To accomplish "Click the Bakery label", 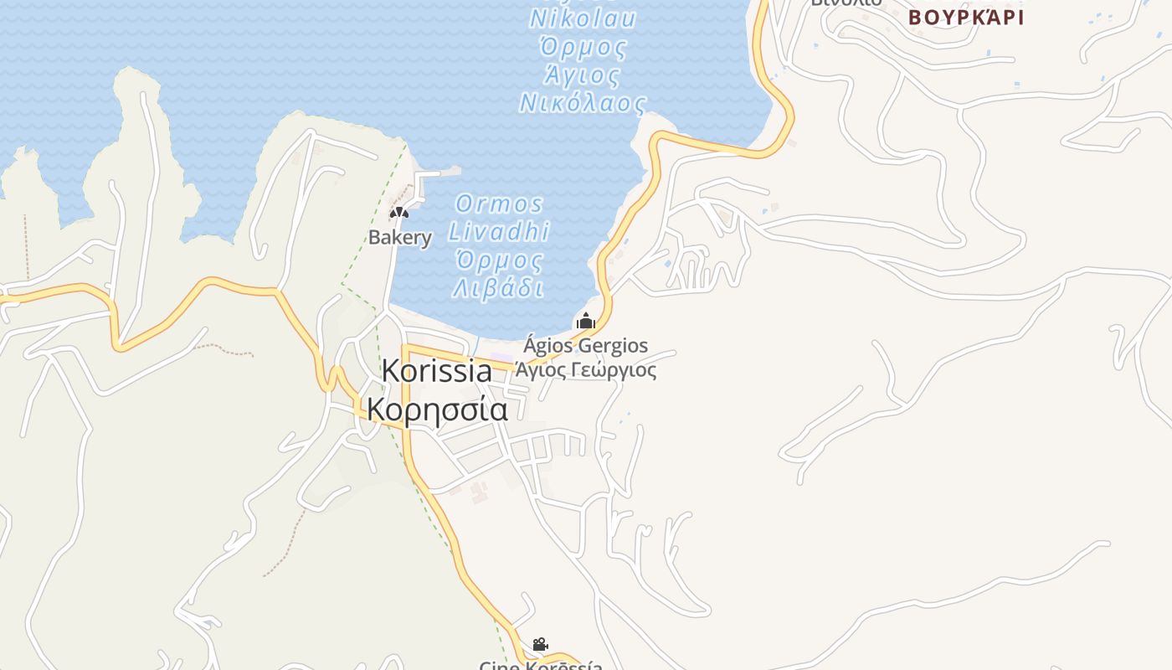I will pyautogui.click(x=400, y=237).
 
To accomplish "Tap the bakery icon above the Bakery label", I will pyautogui.click(x=399, y=213).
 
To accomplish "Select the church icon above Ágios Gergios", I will pyautogui.click(x=586, y=321).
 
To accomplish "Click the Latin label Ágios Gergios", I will pyautogui.click(x=586, y=346).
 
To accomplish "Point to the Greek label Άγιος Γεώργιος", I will pyautogui.click(x=586, y=369).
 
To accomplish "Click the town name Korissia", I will pyautogui.click(x=437, y=371).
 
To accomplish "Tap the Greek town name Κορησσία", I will pyautogui.click(x=437, y=410).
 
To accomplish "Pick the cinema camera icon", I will pyautogui.click(x=541, y=644).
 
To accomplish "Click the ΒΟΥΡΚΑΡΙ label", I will pyautogui.click(x=966, y=18).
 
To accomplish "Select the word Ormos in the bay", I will pyautogui.click(x=499, y=204).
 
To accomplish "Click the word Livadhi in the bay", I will pyautogui.click(x=499, y=231).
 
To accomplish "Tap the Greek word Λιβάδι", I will pyautogui.click(x=499, y=288).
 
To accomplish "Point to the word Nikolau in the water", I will pyautogui.click(x=583, y=18).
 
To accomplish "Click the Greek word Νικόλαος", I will pyautogui.click(x=583, y=104).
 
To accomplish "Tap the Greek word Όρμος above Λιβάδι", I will pyautogui.click(x=499, y=260).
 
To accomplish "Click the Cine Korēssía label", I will pyautogui.click(x=541, y=665).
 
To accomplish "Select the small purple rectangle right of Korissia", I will pyautogui.click(x=501, y=358).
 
